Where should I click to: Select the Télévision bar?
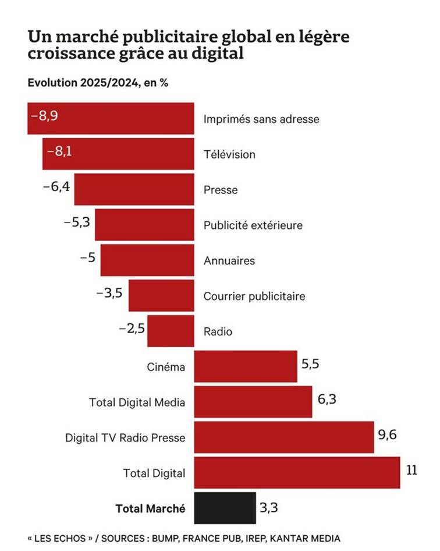pos(134,154)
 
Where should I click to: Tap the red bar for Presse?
pos(134,189)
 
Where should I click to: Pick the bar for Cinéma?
pos(245,366)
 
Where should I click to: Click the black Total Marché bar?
pos(225,508)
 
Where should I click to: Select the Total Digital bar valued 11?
pos(297,472)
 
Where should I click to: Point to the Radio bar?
pos(171,331)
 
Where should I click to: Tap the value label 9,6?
pos(388,435)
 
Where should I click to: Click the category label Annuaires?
pos(229,261)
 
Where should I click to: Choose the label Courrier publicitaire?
pos(254,296)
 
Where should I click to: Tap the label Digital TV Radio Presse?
pos(125,438)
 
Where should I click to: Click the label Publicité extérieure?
pos(253,225)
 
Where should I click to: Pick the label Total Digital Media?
pos(137,402)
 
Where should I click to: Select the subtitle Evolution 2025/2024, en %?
pos(98,83)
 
